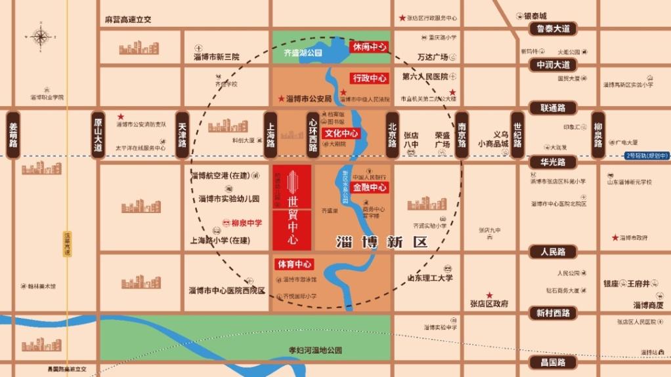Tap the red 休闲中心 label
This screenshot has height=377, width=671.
click(x=370, y=47)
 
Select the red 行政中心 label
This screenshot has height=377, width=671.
click(x=370, y=78)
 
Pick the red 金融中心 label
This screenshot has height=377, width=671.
click(x=370, y=188)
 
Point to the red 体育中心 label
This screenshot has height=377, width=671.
click(x=293, y=265)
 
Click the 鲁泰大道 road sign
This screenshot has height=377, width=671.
click(x=553, y=29)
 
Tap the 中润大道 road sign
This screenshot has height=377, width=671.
click(x=553, y=65)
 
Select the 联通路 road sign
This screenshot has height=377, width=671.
click(x=553, y=108)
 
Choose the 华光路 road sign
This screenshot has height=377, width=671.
click(x=553, y=162)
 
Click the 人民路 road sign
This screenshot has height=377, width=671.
click(x=553, y=252)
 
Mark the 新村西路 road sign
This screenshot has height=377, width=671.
click(x=553, y=313)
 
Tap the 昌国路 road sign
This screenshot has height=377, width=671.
click(x=553, y=362)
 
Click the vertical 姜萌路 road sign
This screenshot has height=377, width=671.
click(x=13, y=135)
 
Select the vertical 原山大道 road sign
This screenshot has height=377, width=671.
click(x=98, y=135)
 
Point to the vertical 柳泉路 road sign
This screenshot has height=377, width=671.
click(x=597, y=135)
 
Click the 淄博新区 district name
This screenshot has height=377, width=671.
click(x=381, y=241)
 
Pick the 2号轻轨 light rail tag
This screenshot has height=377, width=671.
click(x=647, y=155)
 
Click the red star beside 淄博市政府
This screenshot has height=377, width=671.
click(x=615, y=237)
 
